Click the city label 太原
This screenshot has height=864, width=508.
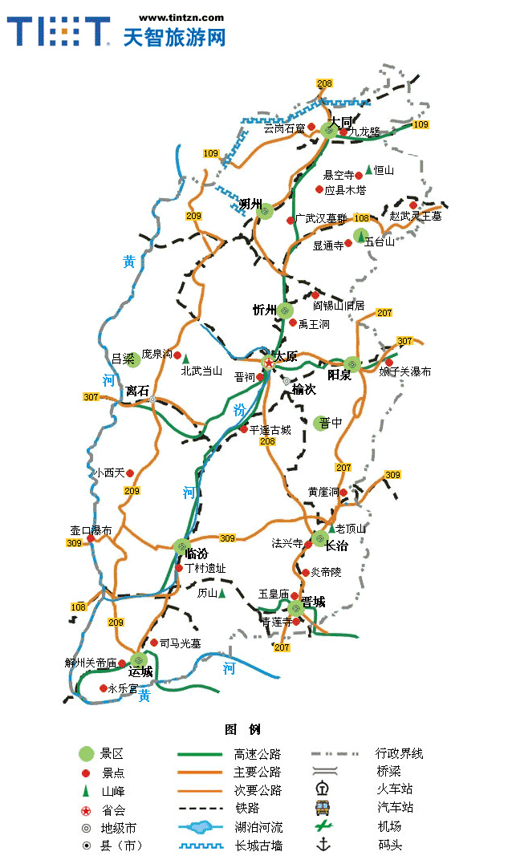coord(286,356)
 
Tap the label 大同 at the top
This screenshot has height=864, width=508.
coord(340,122)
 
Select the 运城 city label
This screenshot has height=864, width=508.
coord(140,671)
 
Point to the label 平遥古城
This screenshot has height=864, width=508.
coord(270,430)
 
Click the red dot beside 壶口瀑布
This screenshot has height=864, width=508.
coord(91,538)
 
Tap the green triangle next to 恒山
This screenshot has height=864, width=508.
coord(368,169)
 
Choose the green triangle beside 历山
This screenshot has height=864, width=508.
coord(221,594)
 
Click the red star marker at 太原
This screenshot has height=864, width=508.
coord(268,363)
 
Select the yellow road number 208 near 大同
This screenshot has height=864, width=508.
coord(324,84)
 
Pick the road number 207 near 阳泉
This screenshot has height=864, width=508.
coord(384,313)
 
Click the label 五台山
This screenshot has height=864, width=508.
coord(380,241)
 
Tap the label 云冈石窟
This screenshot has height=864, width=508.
coord(284,128)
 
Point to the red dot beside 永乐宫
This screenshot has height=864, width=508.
coord(103,688)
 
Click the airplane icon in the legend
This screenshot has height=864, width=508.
coord(323,825)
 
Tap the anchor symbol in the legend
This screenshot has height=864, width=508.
coord(323,844)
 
